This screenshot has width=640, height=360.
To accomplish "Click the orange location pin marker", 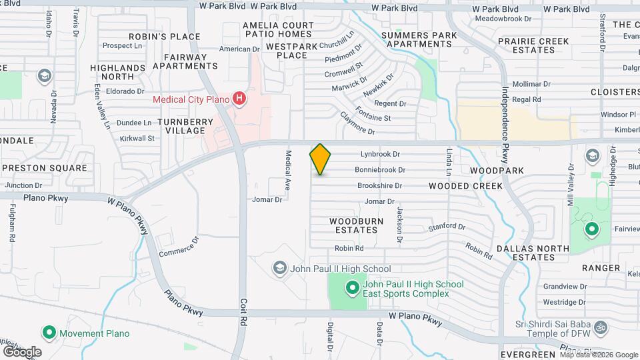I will [321, 159].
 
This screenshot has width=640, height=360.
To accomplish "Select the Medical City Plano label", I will [191, 100].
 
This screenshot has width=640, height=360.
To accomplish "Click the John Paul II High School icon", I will [279, 269].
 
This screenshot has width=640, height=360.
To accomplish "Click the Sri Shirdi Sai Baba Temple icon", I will [599, 327].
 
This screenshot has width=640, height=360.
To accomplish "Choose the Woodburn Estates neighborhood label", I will [353, 225].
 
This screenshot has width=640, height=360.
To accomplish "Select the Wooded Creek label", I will [465, 186].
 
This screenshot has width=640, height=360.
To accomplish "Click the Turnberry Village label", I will [185, 126].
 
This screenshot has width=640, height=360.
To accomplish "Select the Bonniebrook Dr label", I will [380, 170].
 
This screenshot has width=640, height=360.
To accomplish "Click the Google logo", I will [22, 351].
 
